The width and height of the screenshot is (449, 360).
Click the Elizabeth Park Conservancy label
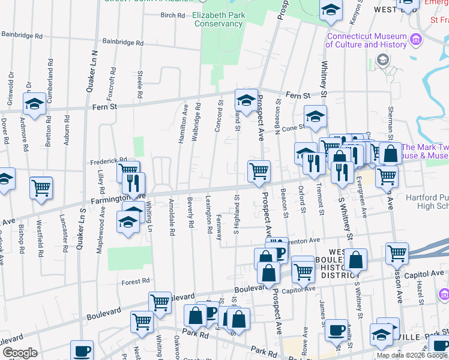point(218,19)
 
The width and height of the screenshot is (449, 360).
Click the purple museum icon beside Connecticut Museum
point(416,40)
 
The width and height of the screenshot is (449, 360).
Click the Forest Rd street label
point(134,281)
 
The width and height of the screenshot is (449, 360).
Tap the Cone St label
point(294,128)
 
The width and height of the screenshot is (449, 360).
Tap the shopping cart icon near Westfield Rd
point(41,187)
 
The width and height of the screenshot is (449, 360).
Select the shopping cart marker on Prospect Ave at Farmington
point(259,171)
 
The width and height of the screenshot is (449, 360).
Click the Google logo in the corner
point(20,353)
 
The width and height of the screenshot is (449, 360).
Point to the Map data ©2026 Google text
point(412,355)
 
